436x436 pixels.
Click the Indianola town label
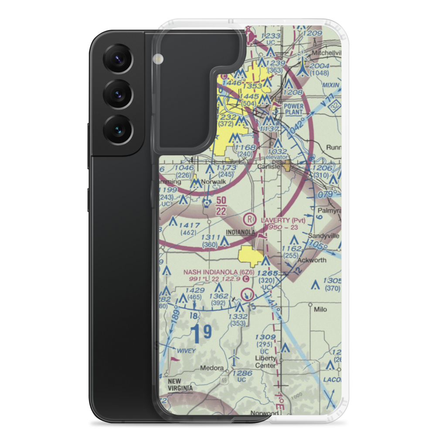(240, 232)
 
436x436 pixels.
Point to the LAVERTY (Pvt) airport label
(283, 220)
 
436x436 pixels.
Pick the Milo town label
(320, 310)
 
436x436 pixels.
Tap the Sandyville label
(324, 236)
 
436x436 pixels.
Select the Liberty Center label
(266, 362)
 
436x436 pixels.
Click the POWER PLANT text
(293, 108)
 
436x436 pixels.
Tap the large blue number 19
(201, 332)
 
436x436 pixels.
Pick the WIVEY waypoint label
(191, 351)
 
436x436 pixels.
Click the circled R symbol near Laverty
(249, 218)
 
